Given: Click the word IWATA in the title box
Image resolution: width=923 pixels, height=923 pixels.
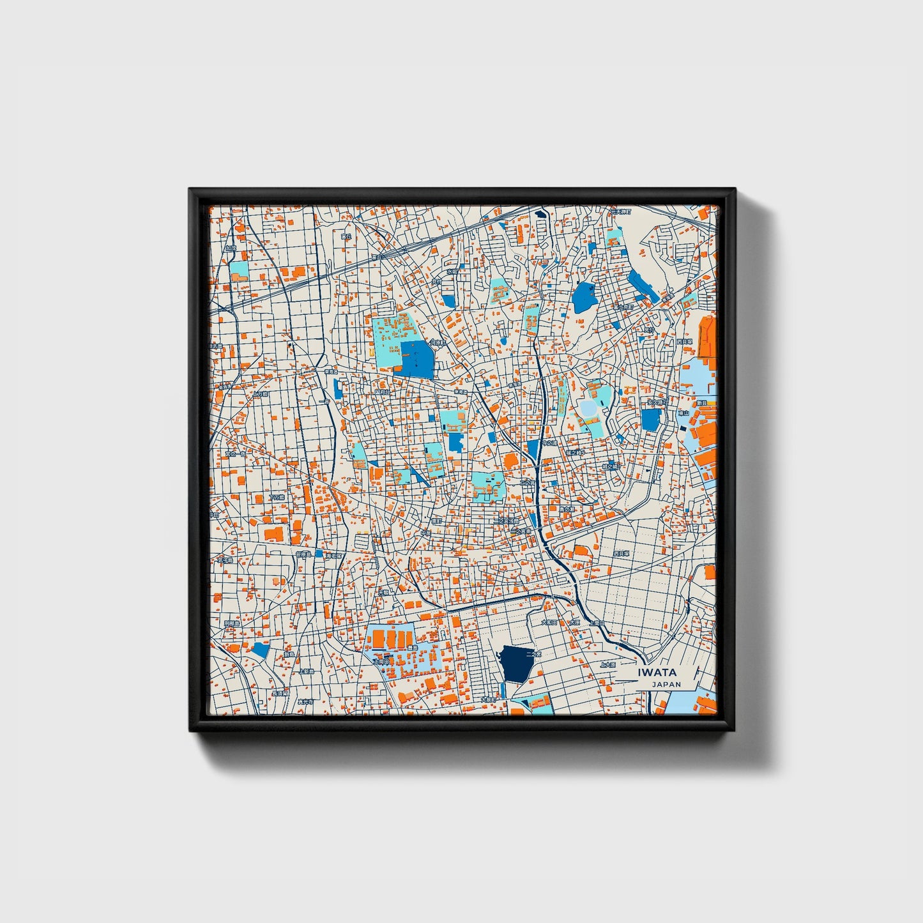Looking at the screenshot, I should (657, 673).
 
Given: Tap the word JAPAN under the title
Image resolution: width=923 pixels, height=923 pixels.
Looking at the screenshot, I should (666, 684).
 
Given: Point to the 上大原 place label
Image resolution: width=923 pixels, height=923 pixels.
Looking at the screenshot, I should (608, 664).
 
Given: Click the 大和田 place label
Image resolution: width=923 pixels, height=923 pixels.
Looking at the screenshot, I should (549, 622).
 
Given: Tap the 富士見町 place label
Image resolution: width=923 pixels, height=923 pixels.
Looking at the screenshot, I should (623, 307).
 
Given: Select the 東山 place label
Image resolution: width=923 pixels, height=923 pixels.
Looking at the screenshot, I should (683, 413).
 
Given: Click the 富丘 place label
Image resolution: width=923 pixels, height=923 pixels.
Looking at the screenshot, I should (346, 236).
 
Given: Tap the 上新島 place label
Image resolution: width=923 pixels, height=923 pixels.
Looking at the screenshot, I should (307, 671).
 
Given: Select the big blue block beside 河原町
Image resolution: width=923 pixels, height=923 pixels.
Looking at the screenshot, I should (416, 358).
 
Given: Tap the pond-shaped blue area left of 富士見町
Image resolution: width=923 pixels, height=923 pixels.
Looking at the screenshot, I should (583, 297).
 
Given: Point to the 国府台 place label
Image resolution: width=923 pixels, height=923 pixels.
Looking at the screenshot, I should (381, 392).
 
